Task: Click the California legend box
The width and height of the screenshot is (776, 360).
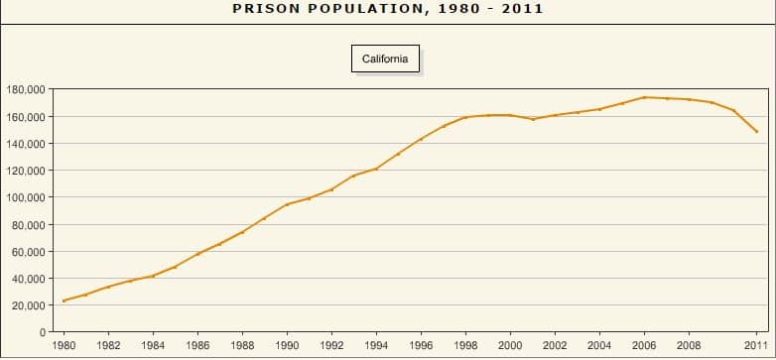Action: click(385, 59)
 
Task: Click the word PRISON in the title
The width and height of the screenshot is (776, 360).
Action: click(266, 9)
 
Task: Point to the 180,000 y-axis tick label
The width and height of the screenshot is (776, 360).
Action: click(24, 90)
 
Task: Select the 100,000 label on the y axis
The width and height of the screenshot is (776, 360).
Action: click(24, 198)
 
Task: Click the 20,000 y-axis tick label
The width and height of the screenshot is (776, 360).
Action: click(27, 305)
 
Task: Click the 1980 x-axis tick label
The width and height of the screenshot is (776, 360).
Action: click(64, 346)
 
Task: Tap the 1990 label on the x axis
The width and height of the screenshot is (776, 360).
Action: click(287, 346)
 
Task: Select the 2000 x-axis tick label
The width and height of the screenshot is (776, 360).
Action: click(510, 346)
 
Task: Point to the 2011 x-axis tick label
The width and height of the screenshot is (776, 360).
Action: click(756, 346)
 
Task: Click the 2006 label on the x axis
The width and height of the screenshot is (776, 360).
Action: click(644, 346)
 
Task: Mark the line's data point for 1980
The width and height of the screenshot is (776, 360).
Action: click(64, 300)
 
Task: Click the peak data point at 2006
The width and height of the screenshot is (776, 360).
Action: click(644, 97)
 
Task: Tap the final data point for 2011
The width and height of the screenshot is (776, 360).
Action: click(756, 132)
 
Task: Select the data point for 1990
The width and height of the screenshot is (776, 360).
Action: click(287, 204)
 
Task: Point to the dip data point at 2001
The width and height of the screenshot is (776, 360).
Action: click(533, 119)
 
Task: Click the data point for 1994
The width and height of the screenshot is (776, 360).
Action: click(376, 169)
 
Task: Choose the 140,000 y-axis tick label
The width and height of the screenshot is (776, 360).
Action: click(24, 144)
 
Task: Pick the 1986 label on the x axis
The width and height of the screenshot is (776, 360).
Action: click(197, 346)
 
